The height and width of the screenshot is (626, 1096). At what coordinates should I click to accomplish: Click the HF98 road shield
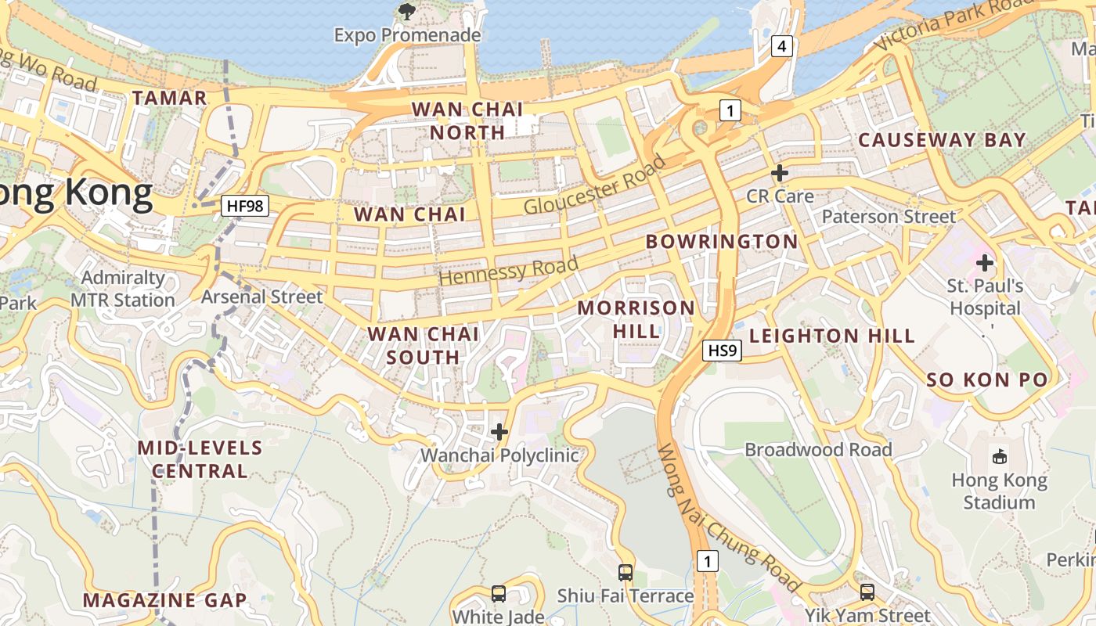(245, 207)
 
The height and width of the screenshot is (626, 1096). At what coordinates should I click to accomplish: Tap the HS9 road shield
(721, 351)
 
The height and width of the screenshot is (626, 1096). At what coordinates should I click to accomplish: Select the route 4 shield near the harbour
(781, 47)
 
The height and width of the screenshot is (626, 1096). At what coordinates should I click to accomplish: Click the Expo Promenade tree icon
(406, 11)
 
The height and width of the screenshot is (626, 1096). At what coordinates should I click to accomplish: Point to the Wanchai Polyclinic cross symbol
(499, 432)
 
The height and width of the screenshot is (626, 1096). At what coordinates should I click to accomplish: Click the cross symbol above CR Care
(779, 173)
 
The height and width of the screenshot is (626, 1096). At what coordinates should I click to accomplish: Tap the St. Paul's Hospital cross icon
(985, 263)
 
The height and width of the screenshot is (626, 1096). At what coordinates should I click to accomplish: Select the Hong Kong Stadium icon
(999, 456)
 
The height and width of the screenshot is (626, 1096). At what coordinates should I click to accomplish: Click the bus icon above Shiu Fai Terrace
(625, 573)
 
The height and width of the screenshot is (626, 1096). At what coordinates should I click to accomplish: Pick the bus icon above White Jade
(498, 593)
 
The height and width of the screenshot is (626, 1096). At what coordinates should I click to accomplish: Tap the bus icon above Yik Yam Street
(867, 592)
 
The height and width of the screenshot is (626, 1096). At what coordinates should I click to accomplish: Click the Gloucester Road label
(595, 185)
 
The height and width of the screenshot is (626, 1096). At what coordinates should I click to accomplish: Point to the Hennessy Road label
(509, 270)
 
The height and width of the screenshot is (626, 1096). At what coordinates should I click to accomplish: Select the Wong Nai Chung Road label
(727, 518)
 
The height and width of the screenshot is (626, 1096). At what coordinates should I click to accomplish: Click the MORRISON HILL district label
(636, 319)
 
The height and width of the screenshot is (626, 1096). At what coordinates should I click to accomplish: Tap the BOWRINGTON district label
(721, 241)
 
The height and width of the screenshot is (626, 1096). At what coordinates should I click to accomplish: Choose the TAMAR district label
(169, 98)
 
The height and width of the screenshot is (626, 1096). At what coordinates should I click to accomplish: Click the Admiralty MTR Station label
(123, 289)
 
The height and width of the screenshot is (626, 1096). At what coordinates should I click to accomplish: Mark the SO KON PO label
(986, 380)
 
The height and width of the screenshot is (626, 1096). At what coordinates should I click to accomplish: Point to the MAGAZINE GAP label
(164, 600)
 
